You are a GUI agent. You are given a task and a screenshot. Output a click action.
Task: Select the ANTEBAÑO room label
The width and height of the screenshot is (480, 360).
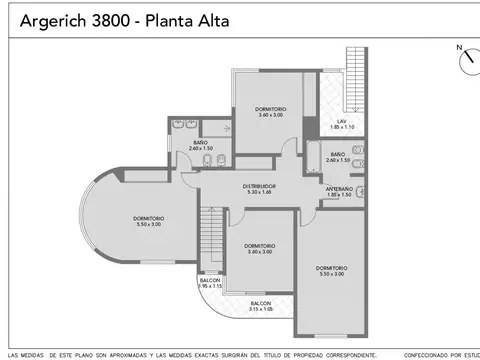tap(338, 192)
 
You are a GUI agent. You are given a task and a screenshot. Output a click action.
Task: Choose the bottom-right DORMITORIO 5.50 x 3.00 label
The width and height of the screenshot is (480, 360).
tap(331, 270)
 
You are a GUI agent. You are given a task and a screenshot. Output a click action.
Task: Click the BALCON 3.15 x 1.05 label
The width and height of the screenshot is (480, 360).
tap(260, 305)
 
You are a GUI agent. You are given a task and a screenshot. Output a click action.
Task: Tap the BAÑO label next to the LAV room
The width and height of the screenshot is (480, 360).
tap(338, 157)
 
